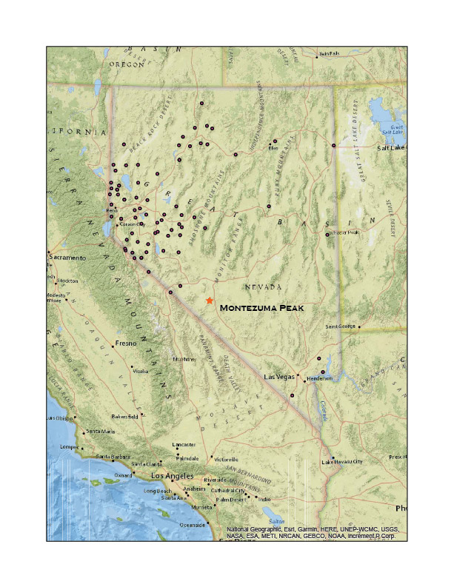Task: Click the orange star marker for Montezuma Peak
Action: coord(210,301)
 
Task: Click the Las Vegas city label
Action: coord(280,378)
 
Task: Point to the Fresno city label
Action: coord(124,345)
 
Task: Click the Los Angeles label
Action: coord(172,475)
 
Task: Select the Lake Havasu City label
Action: coord(341,462)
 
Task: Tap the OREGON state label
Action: coord(127,64)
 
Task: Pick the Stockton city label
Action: coord(67,281)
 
